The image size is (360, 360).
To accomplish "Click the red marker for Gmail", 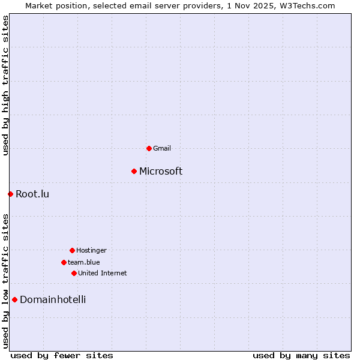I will (x=149, y=148).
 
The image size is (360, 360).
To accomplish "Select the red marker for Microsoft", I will (x=134, y=171).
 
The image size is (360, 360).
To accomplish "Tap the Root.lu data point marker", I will (x=10, y=194).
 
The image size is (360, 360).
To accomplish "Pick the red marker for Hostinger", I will (x=72, y=250).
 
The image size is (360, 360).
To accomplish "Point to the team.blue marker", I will (x=64, y=262).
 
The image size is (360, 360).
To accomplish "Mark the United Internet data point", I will (x=74, y=273).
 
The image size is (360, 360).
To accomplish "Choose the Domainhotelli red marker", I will (x=14, y=299).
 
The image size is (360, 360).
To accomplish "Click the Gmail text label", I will (x=162, y=148).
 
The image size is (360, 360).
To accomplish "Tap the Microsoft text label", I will (x=161, y=172).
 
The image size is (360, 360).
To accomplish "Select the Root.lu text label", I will (x=32, y=194).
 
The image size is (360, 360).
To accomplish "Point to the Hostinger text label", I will (x=91, y=250).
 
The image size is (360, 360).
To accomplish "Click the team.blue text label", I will (x=84, y=262).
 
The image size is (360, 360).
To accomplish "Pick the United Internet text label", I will (x=103, y=273).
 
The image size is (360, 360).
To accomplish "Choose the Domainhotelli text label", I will (x=53, y=300).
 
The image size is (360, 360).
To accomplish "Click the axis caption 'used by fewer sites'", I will (x=62, y=355).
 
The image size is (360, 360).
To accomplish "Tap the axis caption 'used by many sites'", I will (x=301, y=355).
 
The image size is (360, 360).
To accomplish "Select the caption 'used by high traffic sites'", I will (x=5, y=85).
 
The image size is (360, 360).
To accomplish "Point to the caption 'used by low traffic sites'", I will (x=5, y=281).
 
